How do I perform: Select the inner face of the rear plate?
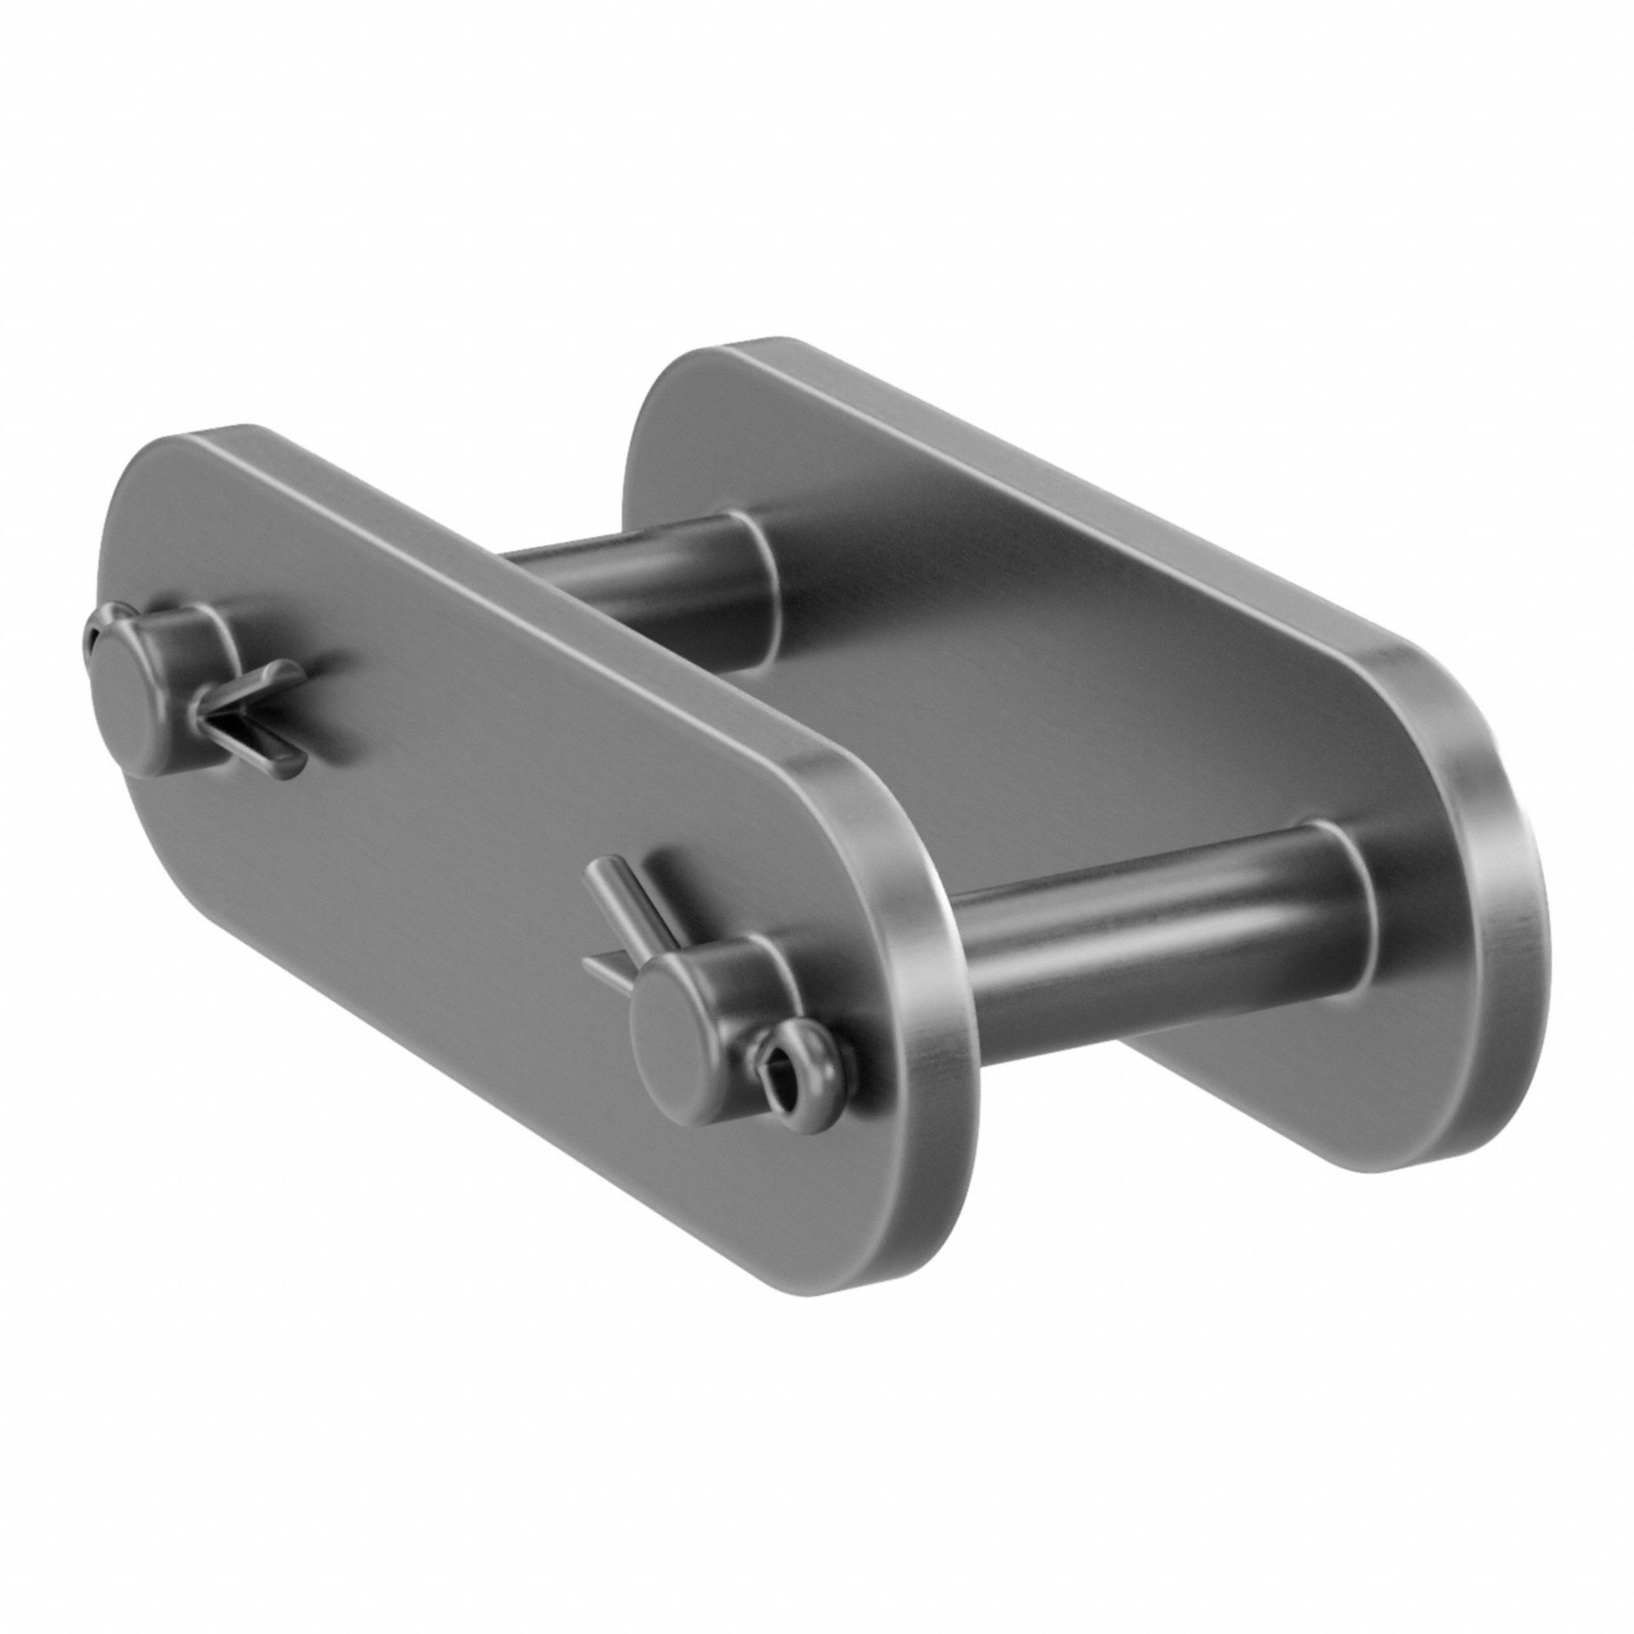[x=1057, y=676]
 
